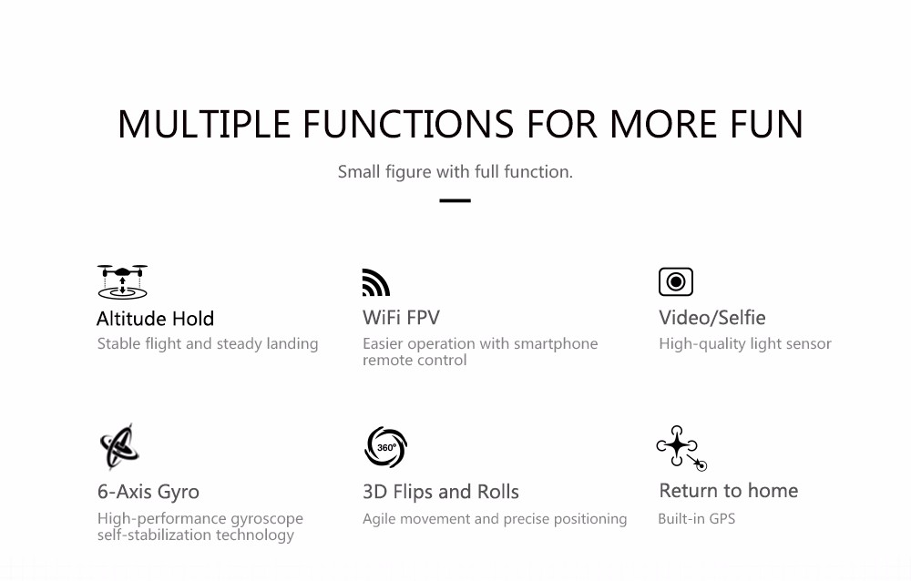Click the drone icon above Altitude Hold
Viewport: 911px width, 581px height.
122,281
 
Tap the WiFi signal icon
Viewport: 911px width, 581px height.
376,282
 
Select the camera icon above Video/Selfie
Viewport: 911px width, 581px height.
676,281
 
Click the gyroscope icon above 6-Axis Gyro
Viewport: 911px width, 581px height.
119,446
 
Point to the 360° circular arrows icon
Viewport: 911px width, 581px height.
385,447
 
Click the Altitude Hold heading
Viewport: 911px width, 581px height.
155,319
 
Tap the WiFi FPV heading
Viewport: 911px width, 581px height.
401,318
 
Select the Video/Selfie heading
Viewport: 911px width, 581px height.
711,318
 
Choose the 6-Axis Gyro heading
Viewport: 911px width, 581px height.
148,492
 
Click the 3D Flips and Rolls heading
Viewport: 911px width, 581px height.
440,492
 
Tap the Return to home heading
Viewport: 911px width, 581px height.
729,491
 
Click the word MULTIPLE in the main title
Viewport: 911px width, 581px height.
204,125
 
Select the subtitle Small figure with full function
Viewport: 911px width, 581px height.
455,172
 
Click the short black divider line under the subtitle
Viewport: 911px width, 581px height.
455,200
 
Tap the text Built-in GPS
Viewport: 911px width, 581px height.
697,519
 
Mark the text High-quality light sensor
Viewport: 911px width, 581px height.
745,344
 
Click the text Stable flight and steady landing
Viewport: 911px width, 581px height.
208,344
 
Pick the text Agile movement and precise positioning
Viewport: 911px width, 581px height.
495,519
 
